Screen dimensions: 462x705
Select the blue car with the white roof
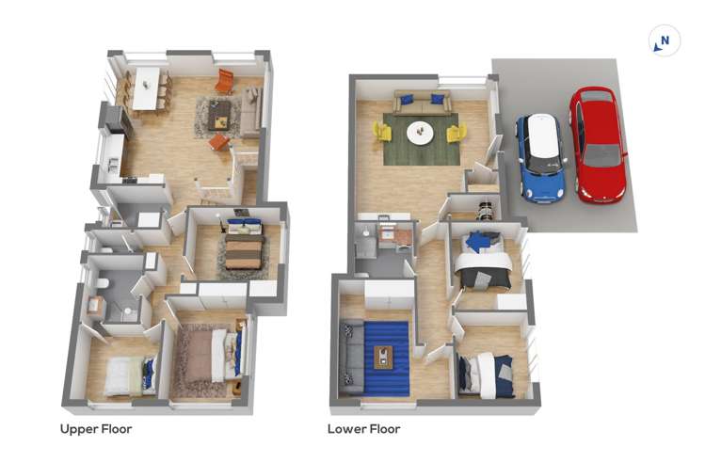[x=540, y=157]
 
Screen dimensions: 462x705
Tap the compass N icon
[x=665, y=41]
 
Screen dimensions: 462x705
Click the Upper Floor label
[x=96, y=429]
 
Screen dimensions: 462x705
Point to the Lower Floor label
[x=363, y=429]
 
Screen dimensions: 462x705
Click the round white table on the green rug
[x=421, y=133]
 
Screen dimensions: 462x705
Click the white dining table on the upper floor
[x=146, y=88]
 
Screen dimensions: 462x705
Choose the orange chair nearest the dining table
[x=224, y=82]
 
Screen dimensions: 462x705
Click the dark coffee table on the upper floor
[x=219, y=113]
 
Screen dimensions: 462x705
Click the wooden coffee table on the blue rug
[x=384, y=357]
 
